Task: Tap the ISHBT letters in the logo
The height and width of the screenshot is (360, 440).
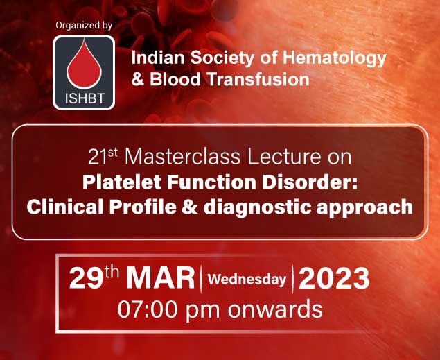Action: point(85,98)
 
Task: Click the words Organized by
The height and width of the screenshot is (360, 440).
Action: point(84,25)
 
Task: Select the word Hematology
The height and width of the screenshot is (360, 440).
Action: point(334,59)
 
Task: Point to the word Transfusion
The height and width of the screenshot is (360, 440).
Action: point(258,79)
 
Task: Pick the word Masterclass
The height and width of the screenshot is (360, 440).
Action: point(182,157)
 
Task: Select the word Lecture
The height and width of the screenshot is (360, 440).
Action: point(284,157)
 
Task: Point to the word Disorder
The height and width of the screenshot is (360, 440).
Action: point(310,182)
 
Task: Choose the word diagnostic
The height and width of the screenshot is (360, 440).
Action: point(257,208)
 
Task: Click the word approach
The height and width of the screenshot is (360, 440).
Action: point(364,209)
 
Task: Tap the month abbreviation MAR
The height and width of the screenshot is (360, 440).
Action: point(160,278)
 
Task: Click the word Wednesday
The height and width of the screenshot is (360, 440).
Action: point(247,280)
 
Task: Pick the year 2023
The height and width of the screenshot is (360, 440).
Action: point(334,278)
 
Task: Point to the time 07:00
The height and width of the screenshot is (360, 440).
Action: point(148,309)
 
